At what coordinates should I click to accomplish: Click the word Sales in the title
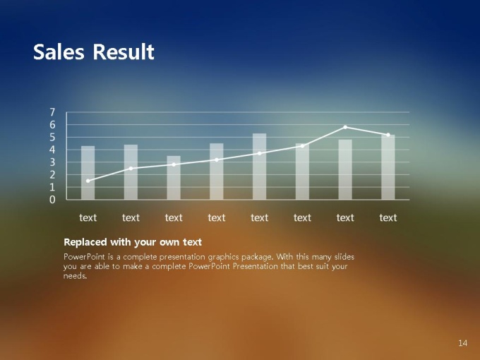pos(59,52)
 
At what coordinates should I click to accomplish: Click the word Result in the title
pos(124,52)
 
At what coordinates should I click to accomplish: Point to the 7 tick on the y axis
pos(52,112)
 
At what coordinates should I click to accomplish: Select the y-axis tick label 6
pos(52,125)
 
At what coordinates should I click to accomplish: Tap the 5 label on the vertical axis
pos(52,137)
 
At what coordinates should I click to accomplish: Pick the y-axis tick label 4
pos(52,150)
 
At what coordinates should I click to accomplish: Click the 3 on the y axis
pos(52,162)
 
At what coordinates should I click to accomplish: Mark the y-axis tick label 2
pos(52,175)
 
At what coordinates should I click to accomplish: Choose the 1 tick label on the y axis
pos(52,187)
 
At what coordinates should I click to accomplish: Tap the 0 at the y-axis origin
pos(52,200)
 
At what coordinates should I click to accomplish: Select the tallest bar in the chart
pos(259,167)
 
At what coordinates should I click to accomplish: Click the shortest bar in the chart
pos(174,178)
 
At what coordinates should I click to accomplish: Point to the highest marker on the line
pos(345,127)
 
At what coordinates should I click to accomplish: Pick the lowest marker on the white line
pos(88,181)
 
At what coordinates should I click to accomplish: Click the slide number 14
pos(462,343)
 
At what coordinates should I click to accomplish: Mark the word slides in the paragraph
pos(344,256)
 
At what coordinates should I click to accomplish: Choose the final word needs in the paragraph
pos(76,276)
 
